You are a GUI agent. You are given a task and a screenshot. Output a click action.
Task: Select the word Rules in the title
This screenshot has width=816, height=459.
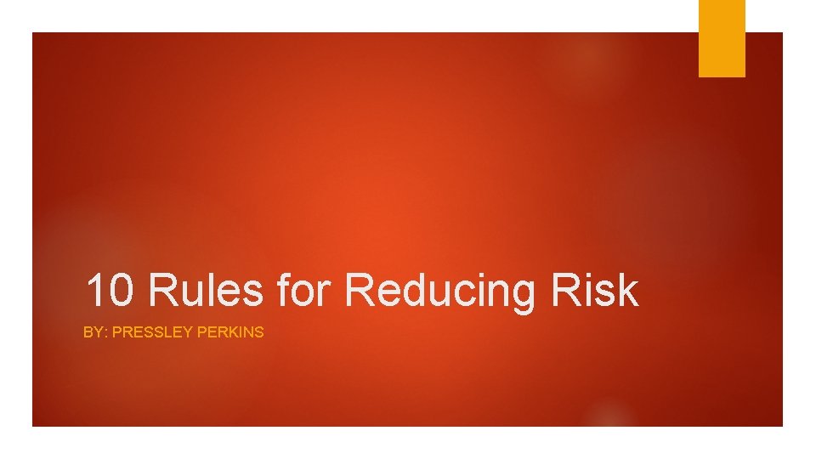click(x=205, y=291)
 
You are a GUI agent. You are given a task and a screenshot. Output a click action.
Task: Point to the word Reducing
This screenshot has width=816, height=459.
click(x=441, y=291)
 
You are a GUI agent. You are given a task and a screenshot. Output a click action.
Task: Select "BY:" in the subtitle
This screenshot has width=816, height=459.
click(x=94, y=332)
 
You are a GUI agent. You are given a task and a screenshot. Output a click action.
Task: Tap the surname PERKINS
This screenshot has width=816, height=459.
click(x=230, y=332)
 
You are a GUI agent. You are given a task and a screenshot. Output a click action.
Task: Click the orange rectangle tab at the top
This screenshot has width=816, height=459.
click(x=722, y=37)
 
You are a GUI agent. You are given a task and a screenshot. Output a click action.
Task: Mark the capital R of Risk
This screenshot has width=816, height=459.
click(x=566, y=291)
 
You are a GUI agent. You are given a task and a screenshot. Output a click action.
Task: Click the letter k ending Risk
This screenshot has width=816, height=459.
click(x=627, y=291)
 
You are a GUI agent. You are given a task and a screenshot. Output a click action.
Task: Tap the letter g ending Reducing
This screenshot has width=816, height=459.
click(x=522, y=294)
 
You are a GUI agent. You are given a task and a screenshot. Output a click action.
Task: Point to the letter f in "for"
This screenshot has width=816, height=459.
click(x=284, y=291)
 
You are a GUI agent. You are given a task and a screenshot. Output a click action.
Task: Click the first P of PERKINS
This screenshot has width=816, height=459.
click(x=201, y=332)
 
